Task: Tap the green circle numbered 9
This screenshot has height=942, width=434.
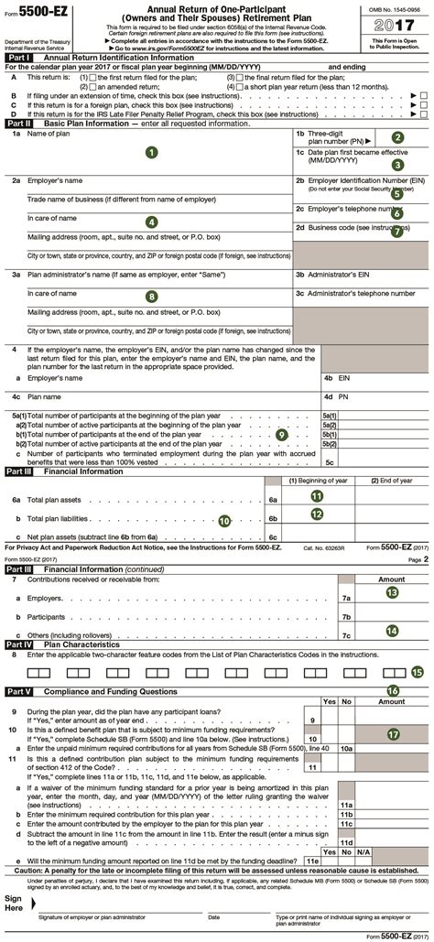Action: click(x=282, y=434)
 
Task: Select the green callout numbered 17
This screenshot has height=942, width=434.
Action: click(x=394, y=733)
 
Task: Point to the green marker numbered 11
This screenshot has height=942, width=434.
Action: click(x=317, y=495)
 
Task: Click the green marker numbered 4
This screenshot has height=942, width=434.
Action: click(x=151, y=222)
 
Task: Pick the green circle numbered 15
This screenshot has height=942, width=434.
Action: click(x=418, y=671)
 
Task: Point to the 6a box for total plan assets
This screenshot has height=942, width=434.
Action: click(x=273, y=501)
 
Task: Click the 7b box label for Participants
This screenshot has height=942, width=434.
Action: click(x=346, y=617)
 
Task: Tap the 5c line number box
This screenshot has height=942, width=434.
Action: click(x=330, y=462)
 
